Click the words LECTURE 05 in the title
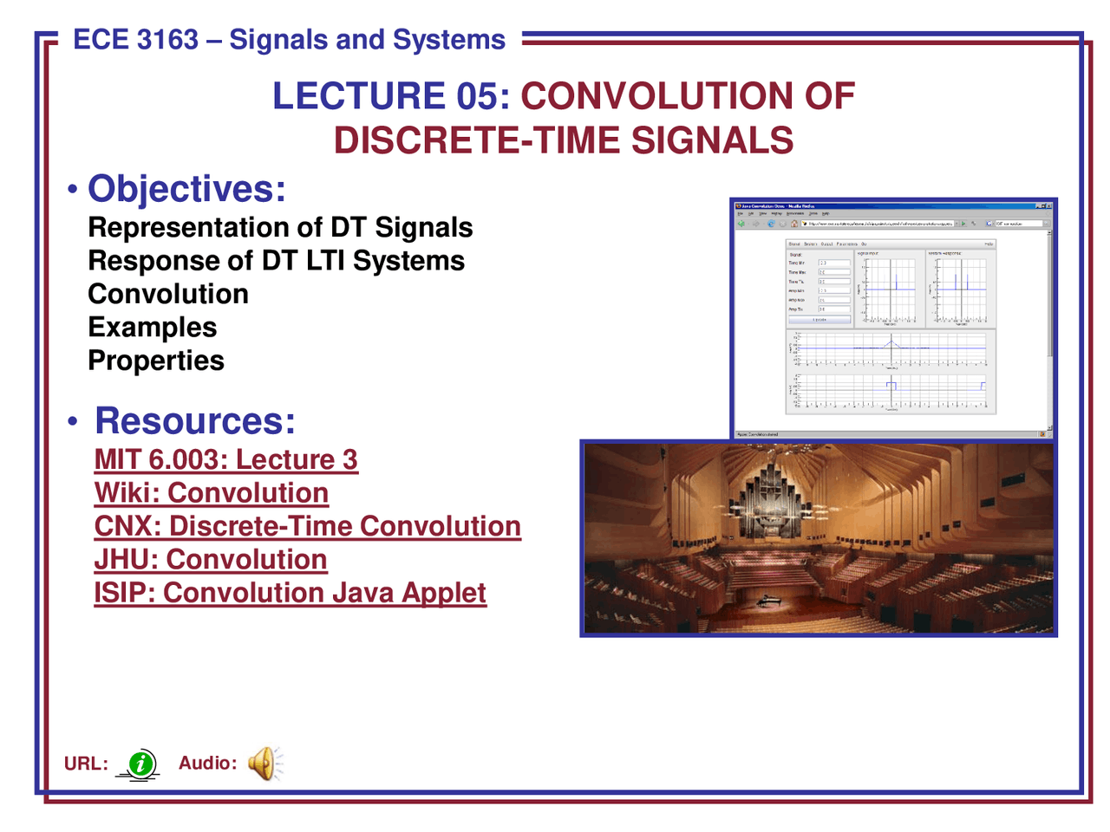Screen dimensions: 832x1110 (390, 95)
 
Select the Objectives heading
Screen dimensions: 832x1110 (186, 189)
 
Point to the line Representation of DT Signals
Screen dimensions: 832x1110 (280, 228)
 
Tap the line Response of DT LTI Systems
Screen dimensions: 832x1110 (276, 261)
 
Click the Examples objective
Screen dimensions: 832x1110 (153, 328)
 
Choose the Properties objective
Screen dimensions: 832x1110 (156, 361)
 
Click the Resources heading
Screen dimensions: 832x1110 (195, 421)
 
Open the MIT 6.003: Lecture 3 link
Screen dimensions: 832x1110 (225, 459)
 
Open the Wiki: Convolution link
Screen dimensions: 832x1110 (211, 493)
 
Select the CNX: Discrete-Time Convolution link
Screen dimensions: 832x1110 (307, 526)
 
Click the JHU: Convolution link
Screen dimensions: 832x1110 (210, 560)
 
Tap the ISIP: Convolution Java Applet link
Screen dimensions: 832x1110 (290, 593)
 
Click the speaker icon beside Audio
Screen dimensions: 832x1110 (263, 764)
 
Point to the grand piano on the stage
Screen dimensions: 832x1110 (768, 600)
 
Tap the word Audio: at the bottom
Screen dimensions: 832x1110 (207, 764)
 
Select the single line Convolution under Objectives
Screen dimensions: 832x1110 (168, 295)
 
